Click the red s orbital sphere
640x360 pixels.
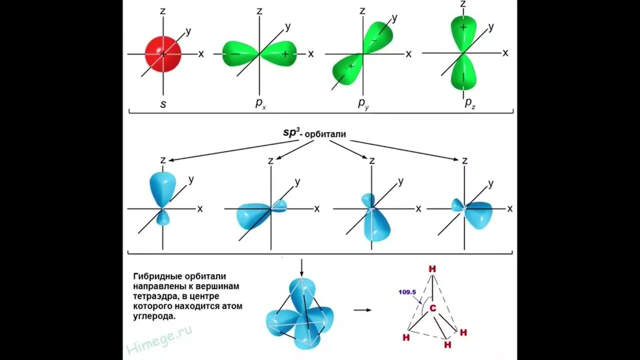(162, 53)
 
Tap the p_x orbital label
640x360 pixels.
(259, 103)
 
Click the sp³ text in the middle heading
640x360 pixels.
(291, 132)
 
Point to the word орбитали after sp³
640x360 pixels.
(326, 134)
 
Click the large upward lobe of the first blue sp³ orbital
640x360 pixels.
(162, 187)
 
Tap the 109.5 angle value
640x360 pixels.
(407, 292)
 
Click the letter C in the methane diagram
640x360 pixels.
(433, 309)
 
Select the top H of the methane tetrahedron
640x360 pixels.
(432, 269)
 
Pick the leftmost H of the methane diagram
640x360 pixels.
(405, 337)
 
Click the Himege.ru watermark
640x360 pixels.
(159, 340)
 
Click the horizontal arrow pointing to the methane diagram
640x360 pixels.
(362, 310)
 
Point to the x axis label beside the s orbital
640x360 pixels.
(201, 54)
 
